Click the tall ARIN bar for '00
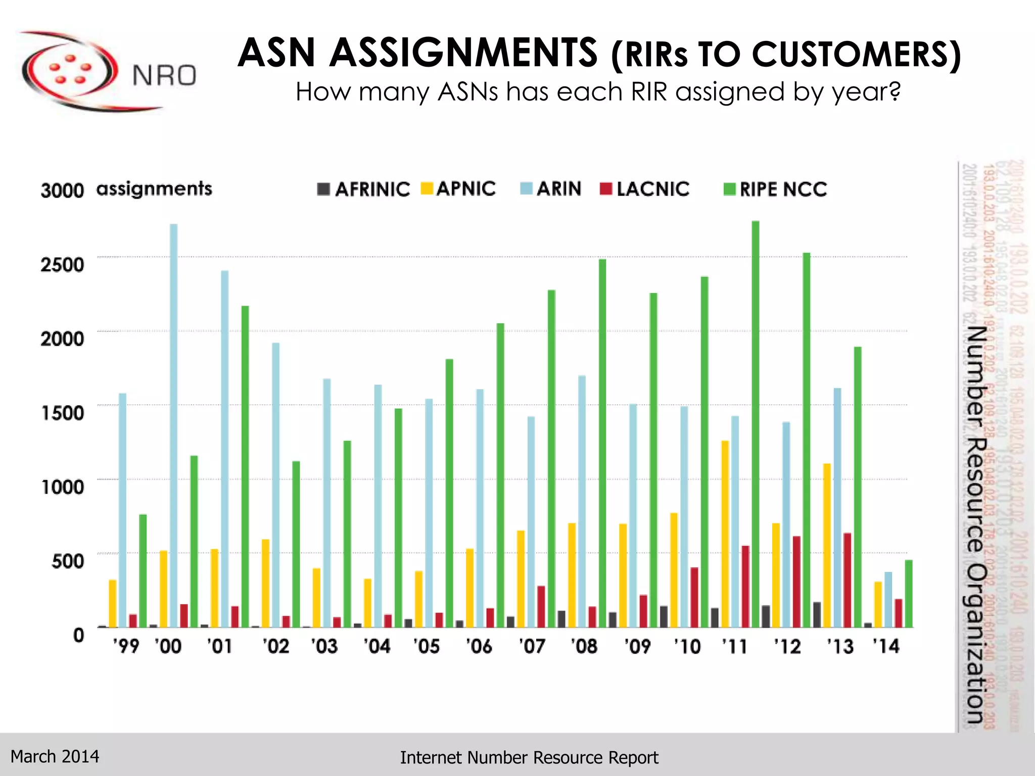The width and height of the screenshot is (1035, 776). tap(173, 424)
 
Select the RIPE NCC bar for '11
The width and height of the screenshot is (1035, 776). tap(756, 424)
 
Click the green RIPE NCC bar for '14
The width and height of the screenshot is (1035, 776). tap(909, 594)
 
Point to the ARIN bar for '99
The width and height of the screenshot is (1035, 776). tap(122, 510)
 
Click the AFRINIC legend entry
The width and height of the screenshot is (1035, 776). tap(364, 189)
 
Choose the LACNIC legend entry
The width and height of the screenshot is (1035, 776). tap(645, 189)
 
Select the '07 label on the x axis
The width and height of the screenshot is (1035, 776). tap(533, 646)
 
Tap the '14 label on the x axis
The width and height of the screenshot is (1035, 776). tap(886, 646)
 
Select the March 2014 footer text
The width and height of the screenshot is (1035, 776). tap(55, 756)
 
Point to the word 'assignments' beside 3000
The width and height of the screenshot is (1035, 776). tap(154, 189)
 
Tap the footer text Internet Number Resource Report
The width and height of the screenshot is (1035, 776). tap(529, 758)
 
